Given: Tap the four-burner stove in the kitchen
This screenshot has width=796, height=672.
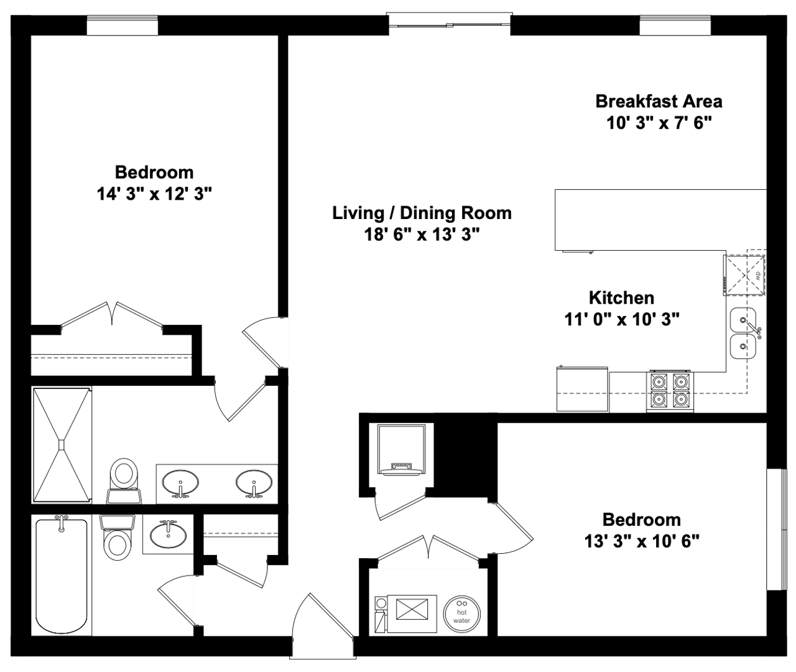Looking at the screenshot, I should pyautogui.click(x=670, y=390).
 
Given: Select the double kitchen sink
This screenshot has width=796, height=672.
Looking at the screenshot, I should pyautogui.click(x=743, y=334).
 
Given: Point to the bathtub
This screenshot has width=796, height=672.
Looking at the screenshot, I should pyautogui.click(x=61, y=574).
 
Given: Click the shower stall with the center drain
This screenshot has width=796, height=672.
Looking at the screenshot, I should pyautogui.click(x=62, y=444).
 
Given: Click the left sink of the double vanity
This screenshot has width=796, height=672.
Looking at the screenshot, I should pyautogui.click(x=180, y=483).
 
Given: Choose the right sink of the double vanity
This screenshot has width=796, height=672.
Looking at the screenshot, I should pyautogui.click(x=253, y=483).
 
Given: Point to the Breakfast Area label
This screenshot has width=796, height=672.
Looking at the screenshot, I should pyautogui.click(x=659, y=101).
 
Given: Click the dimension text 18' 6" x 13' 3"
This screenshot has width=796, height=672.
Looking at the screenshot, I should pyautogui.click(x=422, y=235).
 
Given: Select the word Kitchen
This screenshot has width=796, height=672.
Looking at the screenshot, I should pyautogui.click(x=621, y=297).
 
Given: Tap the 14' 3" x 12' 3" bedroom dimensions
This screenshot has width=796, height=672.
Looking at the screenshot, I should pyautogui.click(x=154, y=194).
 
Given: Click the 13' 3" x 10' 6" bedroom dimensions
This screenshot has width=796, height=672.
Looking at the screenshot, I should pyautogui.click(x=642, y=541).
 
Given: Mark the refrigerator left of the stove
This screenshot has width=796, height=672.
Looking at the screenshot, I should pyautogui.click(x=582, y=389).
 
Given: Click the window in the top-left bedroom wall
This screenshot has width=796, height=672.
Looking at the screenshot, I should pyautogui.click(x=122, y=26).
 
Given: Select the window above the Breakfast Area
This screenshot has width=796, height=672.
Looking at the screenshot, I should pyautogui.click(x=675, y=26).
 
